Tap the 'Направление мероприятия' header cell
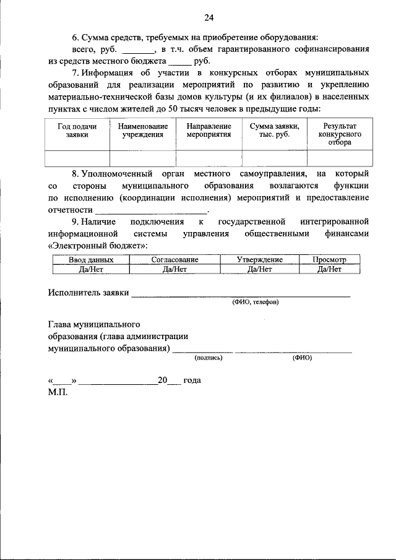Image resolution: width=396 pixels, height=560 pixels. pos(209,130)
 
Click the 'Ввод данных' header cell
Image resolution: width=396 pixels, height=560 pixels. pos(91,260)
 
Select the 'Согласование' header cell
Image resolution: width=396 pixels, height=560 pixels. pos(174,260)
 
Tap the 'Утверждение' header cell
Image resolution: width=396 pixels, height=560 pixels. pos(260,260)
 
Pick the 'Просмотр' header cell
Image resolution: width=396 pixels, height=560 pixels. pos(329,260)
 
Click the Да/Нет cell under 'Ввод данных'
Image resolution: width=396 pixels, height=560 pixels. pos(91,269)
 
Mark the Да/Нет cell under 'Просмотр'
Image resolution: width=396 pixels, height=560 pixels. pos(329,269)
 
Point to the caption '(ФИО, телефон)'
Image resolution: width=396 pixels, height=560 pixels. pos(256,303)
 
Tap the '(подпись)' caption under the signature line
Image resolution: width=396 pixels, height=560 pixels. pos(209,358)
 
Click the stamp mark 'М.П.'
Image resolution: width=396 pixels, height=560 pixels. pos(58,392)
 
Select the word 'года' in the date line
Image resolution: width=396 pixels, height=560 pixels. pos(192,381)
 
